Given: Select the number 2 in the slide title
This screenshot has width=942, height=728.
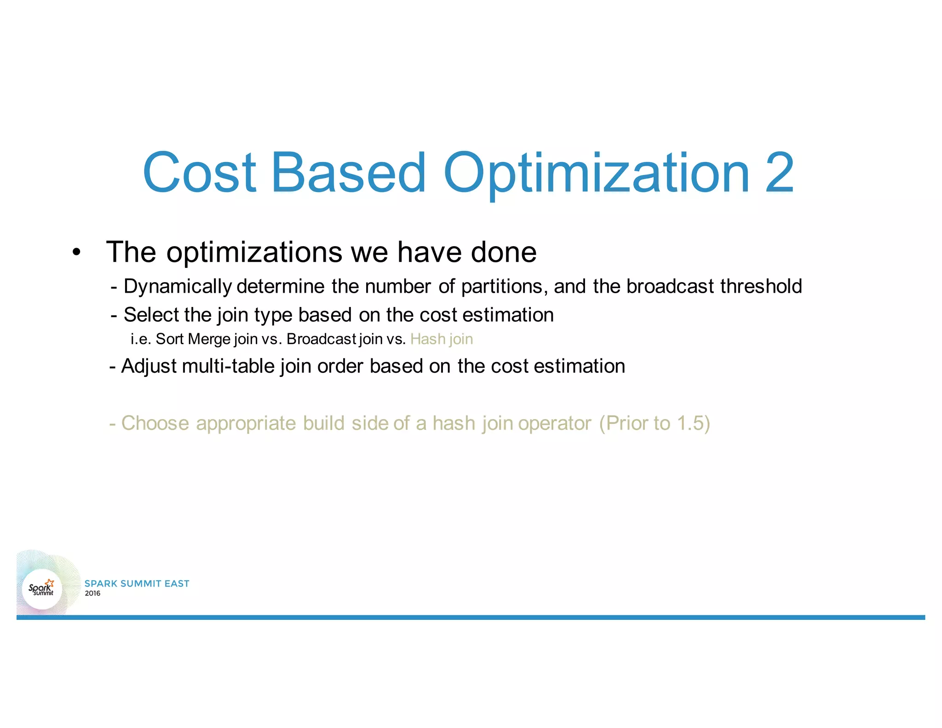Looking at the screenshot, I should pos(779,173).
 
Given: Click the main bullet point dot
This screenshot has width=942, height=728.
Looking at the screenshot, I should pos(76,253).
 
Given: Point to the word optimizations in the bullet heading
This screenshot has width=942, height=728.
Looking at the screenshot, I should pos(254,253).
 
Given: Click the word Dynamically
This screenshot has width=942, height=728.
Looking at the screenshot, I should pos(178,287).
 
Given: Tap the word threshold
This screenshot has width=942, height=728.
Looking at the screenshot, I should pos(761,286).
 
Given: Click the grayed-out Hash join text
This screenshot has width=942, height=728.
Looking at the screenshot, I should pos(441,339).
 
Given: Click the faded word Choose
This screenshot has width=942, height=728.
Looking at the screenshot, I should pos(155,423).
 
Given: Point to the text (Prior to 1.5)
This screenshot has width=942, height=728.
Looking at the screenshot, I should pos(654,423).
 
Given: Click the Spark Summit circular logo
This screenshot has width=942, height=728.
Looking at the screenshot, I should pos(42,589).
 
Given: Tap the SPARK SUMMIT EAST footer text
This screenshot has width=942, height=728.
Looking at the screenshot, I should pos(137,584).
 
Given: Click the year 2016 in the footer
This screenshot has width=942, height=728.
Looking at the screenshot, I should pos(92,594).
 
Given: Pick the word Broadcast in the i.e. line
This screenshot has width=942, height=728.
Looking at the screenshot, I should pos(321,339).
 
